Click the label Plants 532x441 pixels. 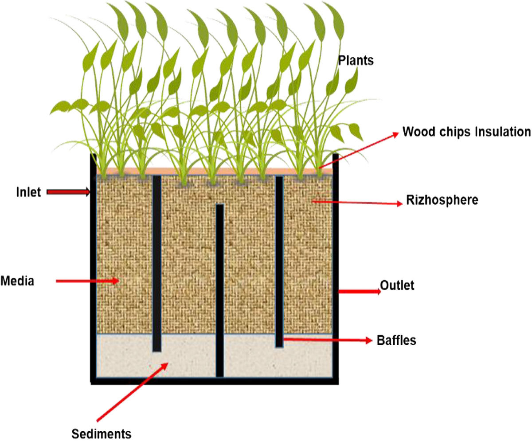356,60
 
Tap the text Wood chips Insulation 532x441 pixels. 466,132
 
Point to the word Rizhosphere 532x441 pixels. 442,201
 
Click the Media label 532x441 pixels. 17,281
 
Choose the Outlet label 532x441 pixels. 397,285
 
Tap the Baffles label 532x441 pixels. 396,341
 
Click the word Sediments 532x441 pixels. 102,432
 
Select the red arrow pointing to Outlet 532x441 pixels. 359,291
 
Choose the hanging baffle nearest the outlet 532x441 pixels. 279,261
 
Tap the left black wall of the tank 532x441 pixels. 93,266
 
